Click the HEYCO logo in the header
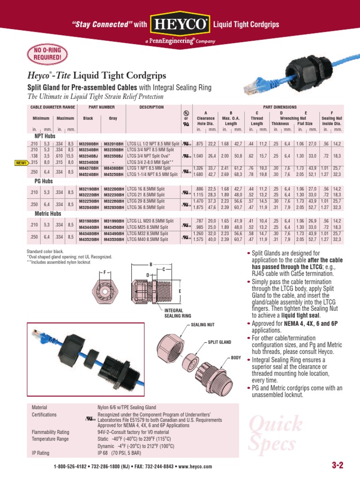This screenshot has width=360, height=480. [180, 24]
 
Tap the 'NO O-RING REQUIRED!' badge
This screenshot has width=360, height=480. [46, 55]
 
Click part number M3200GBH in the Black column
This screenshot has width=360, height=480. [89, 144]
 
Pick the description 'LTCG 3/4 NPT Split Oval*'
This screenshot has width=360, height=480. [149, 156]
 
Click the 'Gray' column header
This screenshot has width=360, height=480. [113, 119]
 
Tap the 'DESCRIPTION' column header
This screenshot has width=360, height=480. [151, 107]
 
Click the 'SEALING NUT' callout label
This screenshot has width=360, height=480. [203, 324]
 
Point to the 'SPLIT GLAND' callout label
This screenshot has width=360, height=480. [220, 343]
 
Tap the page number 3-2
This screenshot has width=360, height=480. [337, 465]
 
